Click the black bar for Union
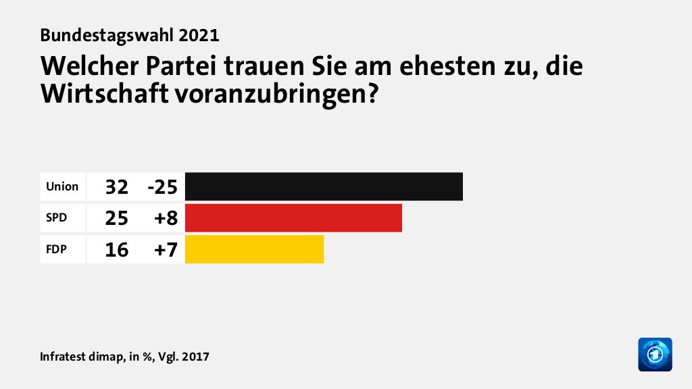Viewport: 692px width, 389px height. pyautogui.click(x=324, y=186)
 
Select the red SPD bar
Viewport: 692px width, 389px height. pyautogui.click(x=293, y=218)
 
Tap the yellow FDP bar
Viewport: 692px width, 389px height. pyautogui.click(x=254, y=249)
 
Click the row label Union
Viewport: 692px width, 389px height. pyautogui.click(x=62, y=186)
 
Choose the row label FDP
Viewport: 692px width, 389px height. pyautogui.click(x=56, y=249)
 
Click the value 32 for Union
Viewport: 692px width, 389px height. pyautogui.click(x=116, y=187)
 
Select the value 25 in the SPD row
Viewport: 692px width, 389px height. pyautogui.click(x=116, y=218)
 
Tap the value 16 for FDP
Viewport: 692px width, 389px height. pyautogui.click(x=116, y=250)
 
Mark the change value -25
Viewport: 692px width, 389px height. pyautogui.click(x=162, y=187)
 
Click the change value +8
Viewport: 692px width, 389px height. pyautogui.click(x=166, y=218)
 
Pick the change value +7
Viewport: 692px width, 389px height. pyautogui.click(x=166, y=250)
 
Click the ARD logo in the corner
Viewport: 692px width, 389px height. pyautogui.click(x=655, y=354)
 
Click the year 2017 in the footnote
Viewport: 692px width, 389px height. pyautogui.click(x=196, y=356)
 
